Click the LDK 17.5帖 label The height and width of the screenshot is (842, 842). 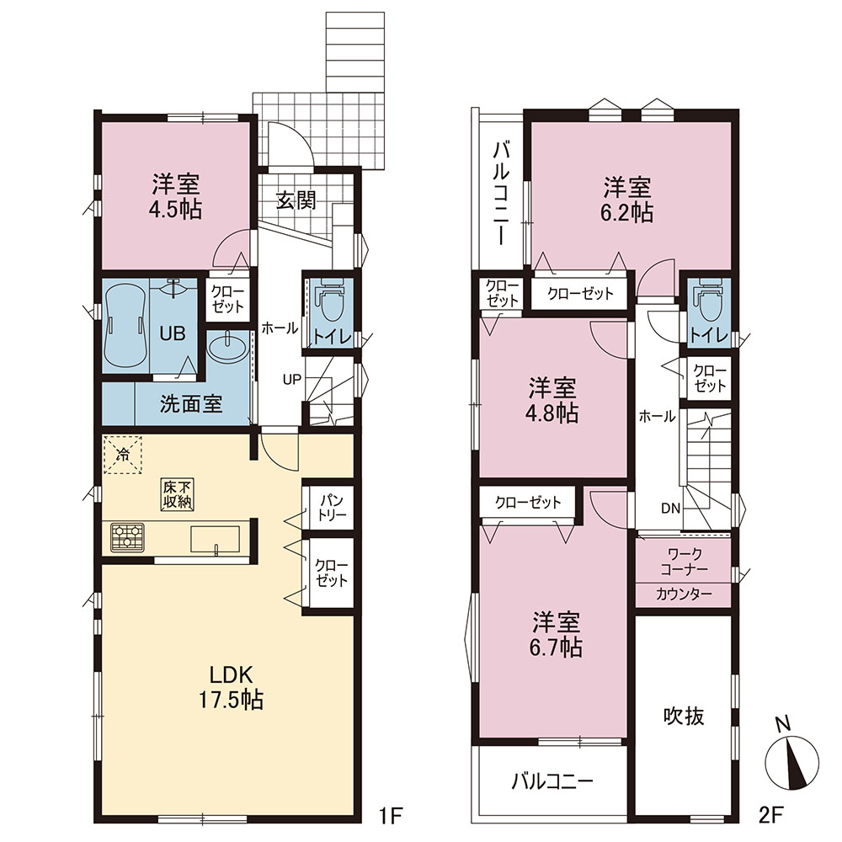[x=232, y=687]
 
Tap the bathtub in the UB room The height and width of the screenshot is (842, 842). [x=125, y=324]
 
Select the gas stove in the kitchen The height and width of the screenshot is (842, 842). [x=128, y=537]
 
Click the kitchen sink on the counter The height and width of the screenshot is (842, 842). [x=215, y=539]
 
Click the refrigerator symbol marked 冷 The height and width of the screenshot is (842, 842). [x=123, y=456]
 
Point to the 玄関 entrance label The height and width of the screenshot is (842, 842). [x=296, y=200]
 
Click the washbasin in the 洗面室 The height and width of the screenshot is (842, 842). [x=227, y=349]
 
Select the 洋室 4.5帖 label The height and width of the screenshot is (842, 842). [x=176, y=196]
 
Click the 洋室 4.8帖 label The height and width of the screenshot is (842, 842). [x=552, y=400]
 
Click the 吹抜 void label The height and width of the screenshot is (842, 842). [x=684, y=716]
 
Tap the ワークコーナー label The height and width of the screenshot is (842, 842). [x=684, y=561]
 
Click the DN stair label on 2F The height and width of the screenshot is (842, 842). [x=671, y=508]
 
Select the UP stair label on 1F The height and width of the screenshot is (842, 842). [x=292, y=379]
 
